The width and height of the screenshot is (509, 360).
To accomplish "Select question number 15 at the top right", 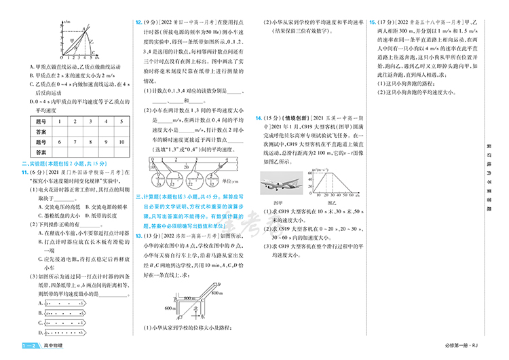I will pyautogui.click(x=373, y=22).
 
